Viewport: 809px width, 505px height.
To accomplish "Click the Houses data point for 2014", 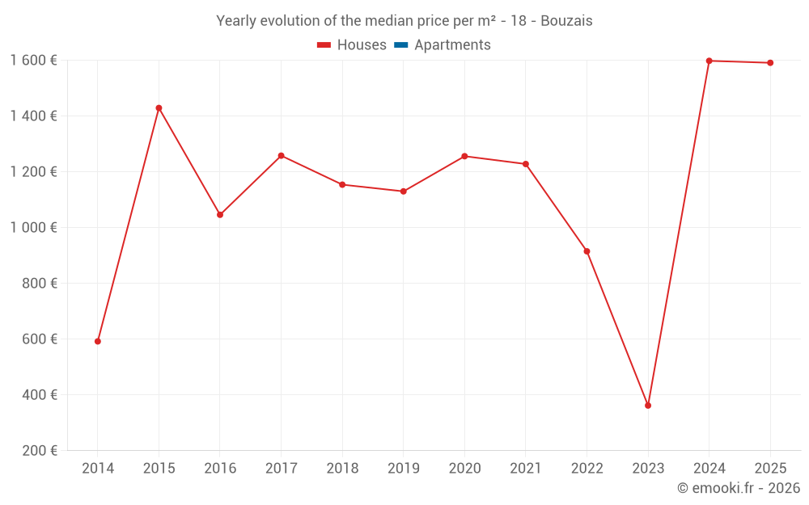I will (x=98, y=341).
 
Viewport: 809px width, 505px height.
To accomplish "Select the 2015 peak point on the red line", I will (x=159, y=108).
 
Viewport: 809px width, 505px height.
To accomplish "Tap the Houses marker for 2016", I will (x=220, y=215).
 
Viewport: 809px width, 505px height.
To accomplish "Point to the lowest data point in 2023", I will (x=648, y=406).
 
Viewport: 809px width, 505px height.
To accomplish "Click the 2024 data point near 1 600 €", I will (x=709, y=61).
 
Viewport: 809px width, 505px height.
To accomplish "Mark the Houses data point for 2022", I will (x=587, y=251).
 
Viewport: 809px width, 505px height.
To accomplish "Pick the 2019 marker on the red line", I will (x=404, y=191).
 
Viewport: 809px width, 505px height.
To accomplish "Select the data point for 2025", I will (x=770, y=63).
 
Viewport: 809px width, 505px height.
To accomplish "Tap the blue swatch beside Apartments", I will (x=401, y=45).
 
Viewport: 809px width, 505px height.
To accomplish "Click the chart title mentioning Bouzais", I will (x=404, y=21).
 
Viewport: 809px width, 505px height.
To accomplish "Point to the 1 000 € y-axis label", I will (x=34, y=228).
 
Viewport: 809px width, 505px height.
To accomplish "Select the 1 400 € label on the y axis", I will (x=34, y=116).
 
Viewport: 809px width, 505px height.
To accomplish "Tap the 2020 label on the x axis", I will (x=464, y=469).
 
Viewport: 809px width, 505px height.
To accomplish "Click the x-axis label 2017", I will (x=281, y=469).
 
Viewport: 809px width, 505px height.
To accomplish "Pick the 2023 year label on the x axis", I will (x=648, y=469).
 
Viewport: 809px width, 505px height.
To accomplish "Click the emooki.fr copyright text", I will (x=738, y=488).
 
